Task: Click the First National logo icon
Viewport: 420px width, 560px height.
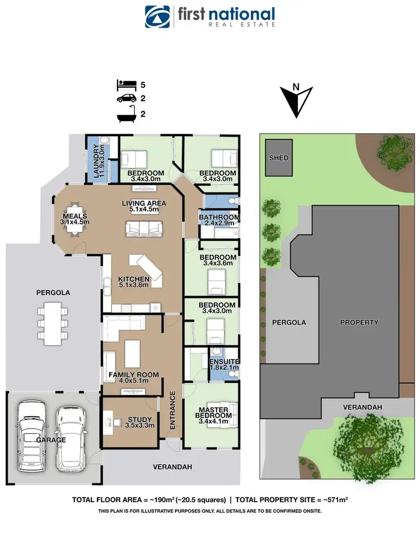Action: point(157,17)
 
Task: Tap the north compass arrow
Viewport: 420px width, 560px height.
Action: point(296,101)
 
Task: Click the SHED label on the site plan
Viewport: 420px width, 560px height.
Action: point(279,158)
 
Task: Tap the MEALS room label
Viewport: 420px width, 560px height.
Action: point(74,216)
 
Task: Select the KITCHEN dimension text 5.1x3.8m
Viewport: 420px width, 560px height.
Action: point(133,286)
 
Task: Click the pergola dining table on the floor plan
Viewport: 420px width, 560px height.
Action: point(53,324)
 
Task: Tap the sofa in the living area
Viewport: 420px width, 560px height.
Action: point(144,228)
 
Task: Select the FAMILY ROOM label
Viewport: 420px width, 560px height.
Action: point(133,375)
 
